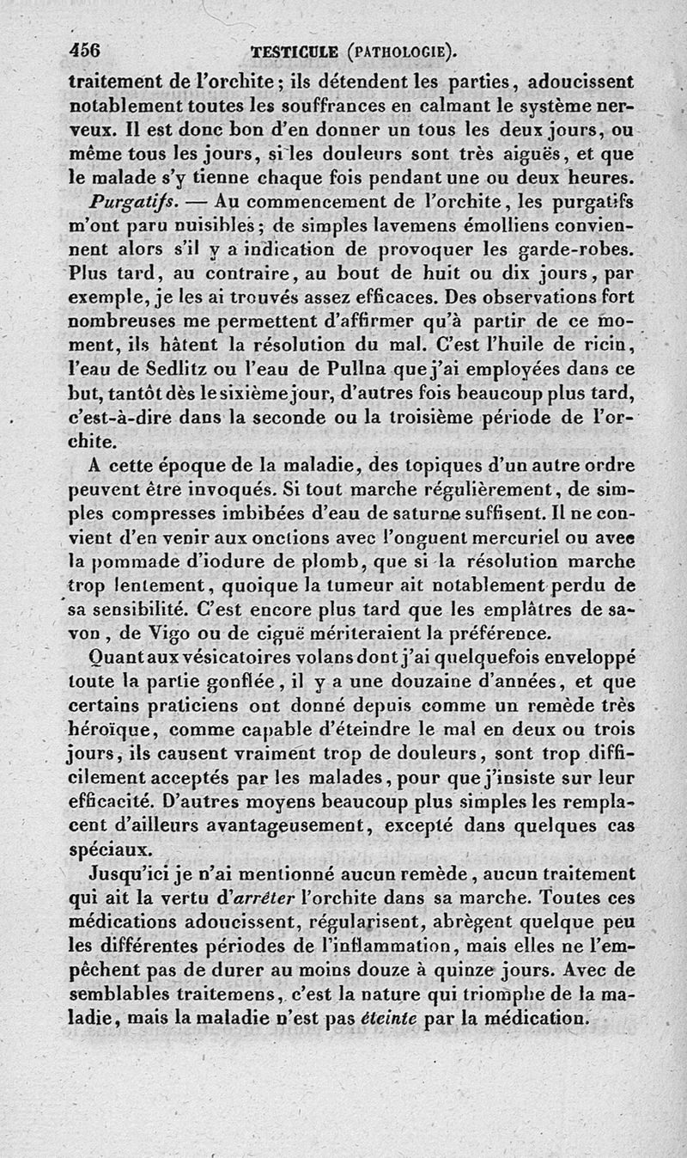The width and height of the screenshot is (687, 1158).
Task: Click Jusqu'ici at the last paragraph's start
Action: point(135,873)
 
